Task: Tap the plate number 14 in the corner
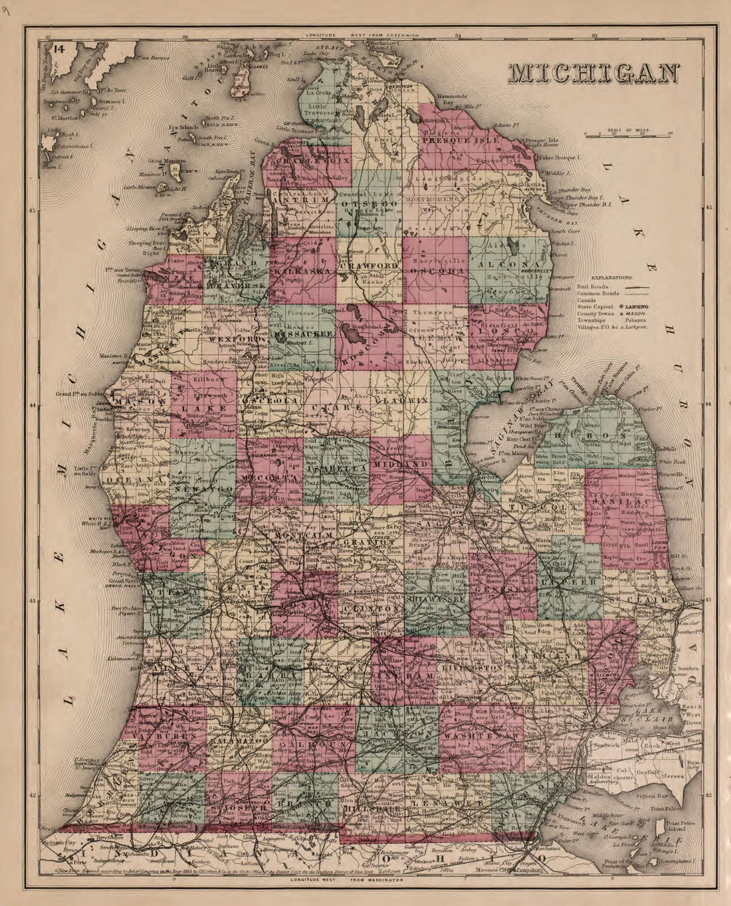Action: click(x=58, y=48)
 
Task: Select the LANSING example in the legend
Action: click(x=636, y=306)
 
